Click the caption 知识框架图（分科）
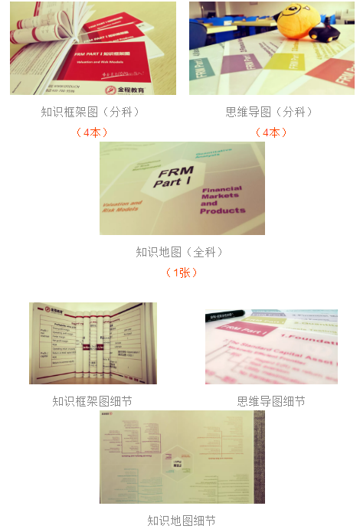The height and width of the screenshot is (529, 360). point(90,112)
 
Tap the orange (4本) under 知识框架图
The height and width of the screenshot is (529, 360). point(91,132)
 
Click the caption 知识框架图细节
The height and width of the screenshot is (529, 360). point(92,400)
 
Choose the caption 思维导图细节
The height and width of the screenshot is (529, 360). point(271,400)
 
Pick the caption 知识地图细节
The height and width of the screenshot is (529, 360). point(182,521)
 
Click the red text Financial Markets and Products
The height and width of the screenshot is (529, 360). point(221,200)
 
